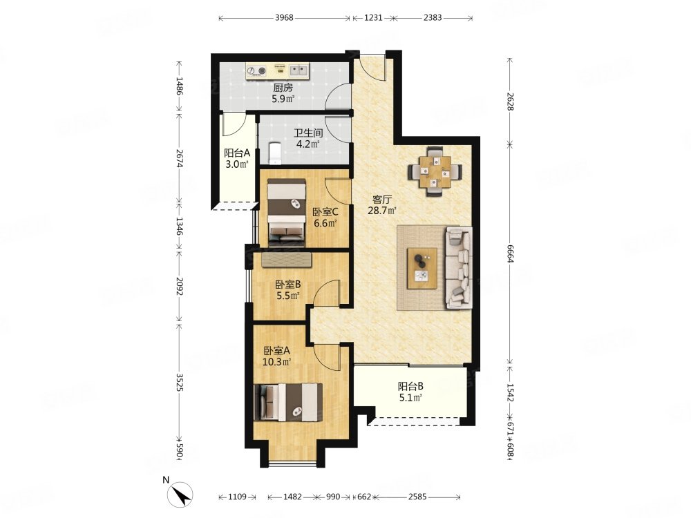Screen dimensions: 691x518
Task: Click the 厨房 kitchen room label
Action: pos(283,88)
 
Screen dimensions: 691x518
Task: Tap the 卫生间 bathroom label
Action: pos(308,133)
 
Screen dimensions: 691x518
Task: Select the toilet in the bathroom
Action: pos(274,153)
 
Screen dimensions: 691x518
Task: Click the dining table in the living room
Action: pos(435,171)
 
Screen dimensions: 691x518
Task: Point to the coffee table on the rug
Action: pos(422,268)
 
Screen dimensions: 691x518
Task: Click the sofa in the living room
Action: pos(459,267)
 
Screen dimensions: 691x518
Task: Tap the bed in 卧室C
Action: pos(287,211)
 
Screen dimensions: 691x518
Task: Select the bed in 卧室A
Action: pos(288,402)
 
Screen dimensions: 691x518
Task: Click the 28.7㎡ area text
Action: pos(382,211)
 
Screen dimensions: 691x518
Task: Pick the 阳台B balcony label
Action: pos(410,386)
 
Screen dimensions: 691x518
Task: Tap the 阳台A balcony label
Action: pos(236,153)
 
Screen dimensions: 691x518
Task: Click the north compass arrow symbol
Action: pos(181,495)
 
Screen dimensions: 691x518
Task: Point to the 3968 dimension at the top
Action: pos(284,18)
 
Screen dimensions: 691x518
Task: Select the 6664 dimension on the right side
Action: pos(510,253)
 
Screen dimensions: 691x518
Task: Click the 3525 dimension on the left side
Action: pos(180,383)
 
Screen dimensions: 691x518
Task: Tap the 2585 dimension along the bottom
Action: pos(417,497)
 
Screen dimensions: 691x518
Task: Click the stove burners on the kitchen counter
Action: pos(256,70)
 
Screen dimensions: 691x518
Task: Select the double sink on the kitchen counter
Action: pos(299,70)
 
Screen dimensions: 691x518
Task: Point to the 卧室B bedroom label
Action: pos(287,285)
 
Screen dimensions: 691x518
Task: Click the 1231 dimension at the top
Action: pos(373,18)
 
